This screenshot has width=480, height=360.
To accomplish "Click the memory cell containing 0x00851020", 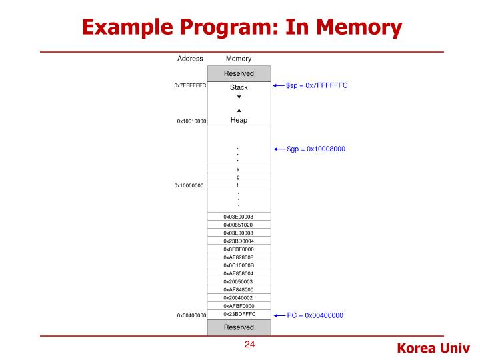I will pos(239,225).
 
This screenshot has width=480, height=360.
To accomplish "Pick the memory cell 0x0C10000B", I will pos(239,265).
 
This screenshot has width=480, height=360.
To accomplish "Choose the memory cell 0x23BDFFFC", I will pos(239,314).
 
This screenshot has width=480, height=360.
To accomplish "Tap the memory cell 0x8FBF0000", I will pos(239,249).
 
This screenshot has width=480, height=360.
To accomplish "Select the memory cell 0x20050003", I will pos(239,281).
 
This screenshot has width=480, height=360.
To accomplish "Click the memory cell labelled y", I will pos(239,169).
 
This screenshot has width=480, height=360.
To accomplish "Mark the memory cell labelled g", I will pos(239,177).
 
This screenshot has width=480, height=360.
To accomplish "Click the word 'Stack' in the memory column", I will pos(239,87).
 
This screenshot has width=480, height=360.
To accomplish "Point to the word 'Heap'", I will pos(239,120).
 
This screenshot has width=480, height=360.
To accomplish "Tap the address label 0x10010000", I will pos(191,121).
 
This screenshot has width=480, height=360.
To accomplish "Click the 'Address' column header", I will pos(190,59).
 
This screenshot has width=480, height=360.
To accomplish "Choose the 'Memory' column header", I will pos(239,59).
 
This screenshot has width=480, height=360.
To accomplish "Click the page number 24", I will pos(250,345).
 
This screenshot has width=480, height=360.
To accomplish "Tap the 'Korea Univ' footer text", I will pos(433,347).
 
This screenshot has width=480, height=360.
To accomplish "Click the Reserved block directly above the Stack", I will pos(239,73).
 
